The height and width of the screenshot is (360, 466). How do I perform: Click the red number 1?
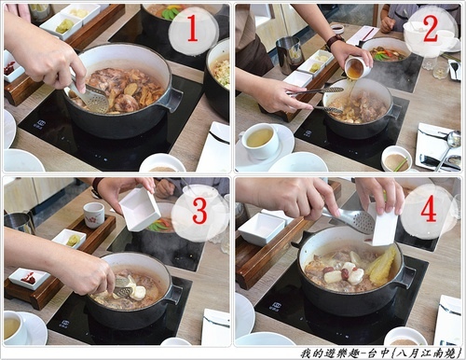coord(193,29)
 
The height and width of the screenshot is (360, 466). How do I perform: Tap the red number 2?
coord(431,29)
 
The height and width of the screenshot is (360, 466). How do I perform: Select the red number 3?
coord(200,211)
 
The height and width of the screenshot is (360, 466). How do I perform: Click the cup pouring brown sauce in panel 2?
coord(357,67)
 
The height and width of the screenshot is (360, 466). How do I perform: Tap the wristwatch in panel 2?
coord(334,41)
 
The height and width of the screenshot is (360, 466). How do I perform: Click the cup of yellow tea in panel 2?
coord(260,141)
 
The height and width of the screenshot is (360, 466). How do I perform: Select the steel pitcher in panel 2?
coord(289,55)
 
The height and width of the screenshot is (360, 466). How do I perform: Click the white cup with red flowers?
coord(93,215)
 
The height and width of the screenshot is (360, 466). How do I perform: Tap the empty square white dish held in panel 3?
coord(140,209)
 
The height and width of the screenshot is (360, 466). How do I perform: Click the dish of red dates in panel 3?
coord(30,278)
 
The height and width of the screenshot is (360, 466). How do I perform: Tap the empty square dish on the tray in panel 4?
coord(263,228)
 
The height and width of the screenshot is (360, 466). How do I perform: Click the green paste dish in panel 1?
coord(63,27)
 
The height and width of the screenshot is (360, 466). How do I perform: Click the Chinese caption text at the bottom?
coord(380,353)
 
